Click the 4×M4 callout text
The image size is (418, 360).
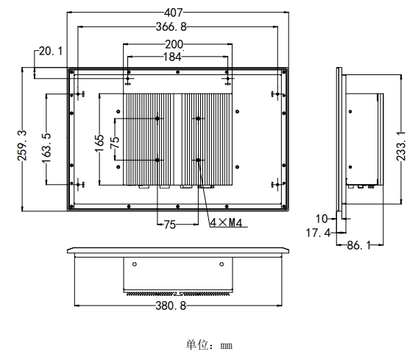pyautogui.click(x=227, y=222)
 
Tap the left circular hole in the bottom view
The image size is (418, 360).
pyautogui.click(x=134, y=264)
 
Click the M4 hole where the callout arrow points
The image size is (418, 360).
pyautogui.click(x=197, y=160)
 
